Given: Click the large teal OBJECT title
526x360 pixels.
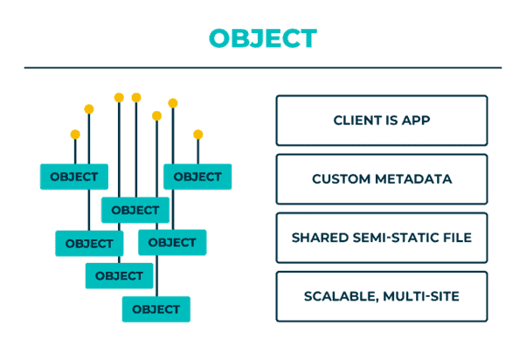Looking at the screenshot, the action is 263,38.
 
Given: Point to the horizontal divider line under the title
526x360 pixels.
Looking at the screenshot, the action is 263,68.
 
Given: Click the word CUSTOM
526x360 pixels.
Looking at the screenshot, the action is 341,179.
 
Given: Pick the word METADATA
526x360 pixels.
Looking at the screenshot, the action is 413,179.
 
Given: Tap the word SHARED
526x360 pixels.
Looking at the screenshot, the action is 320,238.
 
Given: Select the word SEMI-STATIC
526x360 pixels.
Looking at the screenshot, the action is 396,238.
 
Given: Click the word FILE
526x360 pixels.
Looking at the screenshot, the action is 458,238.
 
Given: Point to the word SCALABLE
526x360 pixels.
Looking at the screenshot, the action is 342,296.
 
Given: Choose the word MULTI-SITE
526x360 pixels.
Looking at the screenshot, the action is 421,296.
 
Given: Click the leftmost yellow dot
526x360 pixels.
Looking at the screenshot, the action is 75,135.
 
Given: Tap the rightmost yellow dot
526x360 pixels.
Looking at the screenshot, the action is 198,135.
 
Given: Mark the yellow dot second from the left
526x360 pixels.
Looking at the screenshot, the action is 89,109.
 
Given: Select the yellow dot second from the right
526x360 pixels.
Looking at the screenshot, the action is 173,103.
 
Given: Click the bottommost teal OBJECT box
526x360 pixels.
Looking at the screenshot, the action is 156,309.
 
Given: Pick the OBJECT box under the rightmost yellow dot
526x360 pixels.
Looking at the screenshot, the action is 197,177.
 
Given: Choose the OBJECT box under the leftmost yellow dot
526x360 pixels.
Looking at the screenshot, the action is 74,177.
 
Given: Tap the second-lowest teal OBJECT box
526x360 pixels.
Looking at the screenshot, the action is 119,276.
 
